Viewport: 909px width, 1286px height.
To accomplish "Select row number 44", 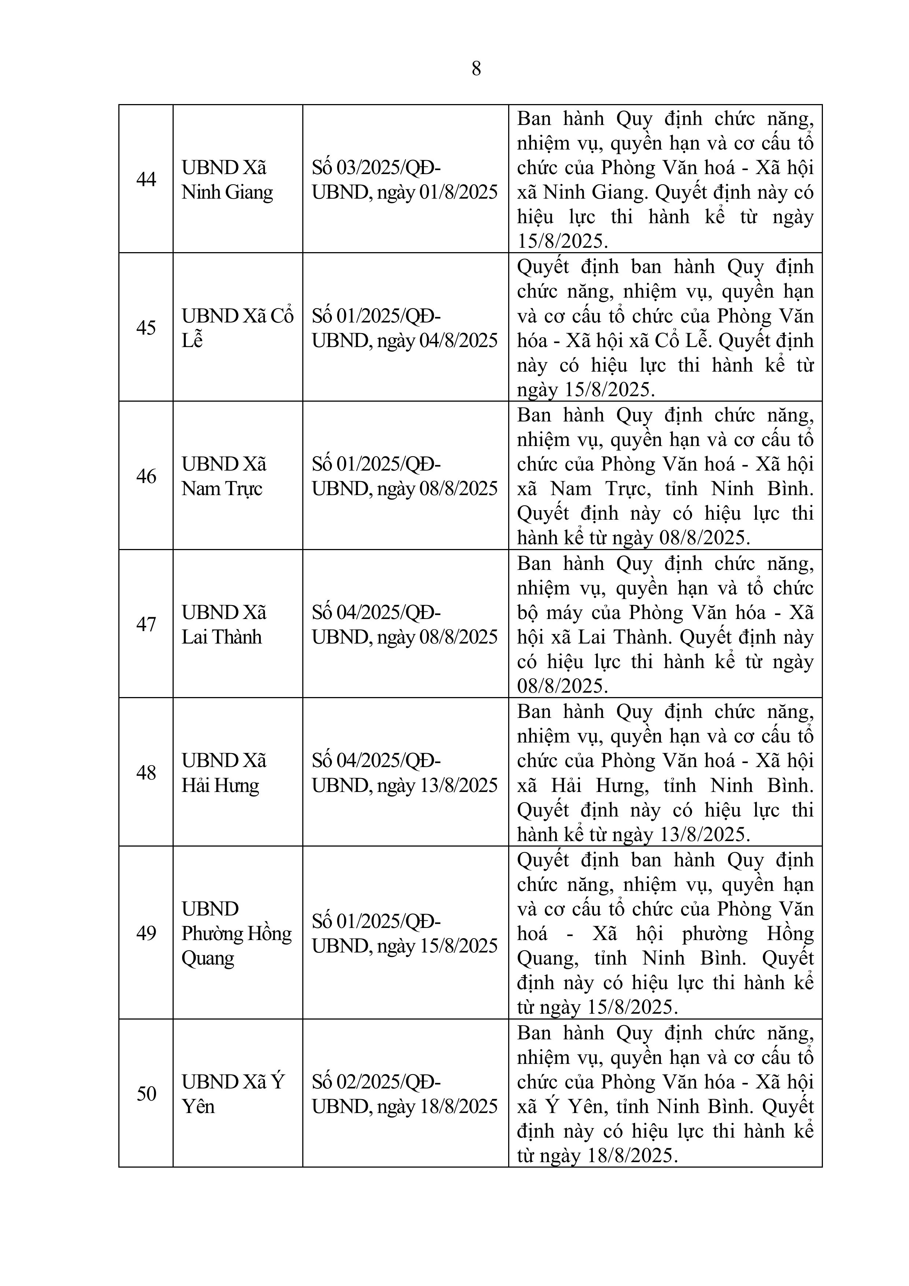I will [146, 179].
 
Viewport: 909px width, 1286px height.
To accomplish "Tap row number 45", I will [146, 328].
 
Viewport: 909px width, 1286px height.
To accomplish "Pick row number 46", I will [146, 476].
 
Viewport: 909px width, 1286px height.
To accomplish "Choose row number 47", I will [146, 624].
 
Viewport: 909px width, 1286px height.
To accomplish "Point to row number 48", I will [146, 773].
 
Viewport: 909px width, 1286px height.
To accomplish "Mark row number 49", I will [146, 933].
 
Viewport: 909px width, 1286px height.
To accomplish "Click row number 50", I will [146, 1094].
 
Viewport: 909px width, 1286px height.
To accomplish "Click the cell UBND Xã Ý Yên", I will [233, 1094].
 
